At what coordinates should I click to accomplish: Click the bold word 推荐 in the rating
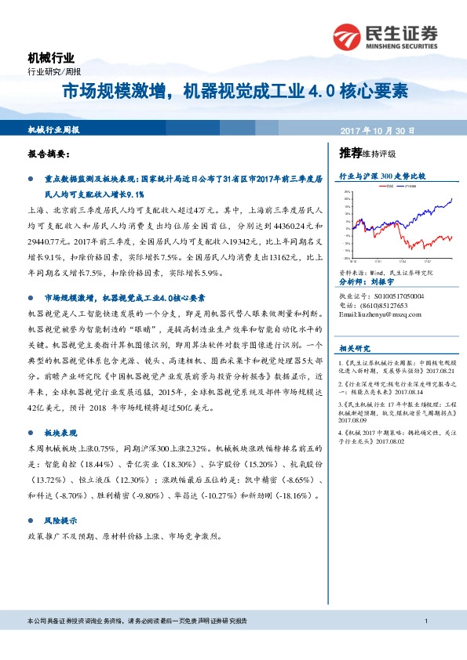click(x=350, y=152)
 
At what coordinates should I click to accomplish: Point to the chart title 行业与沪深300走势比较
click(x=381, y=177)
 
